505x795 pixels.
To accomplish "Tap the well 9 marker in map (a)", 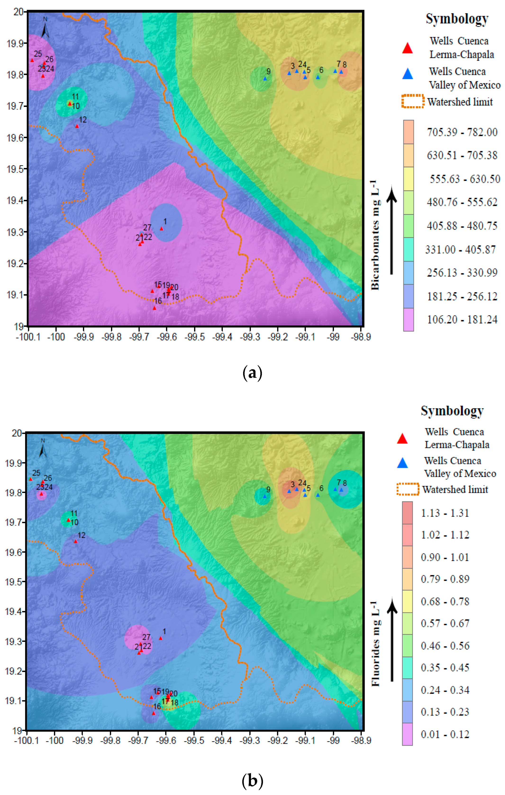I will pyautogui.click(x=265, y=79).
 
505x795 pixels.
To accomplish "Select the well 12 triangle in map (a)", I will pyautogui.click(x=77, y=126).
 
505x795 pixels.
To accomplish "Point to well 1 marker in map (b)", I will pyautogui.click(x=161, y=638).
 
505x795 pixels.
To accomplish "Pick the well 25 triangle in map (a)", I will pyautogui.click(x=32, y=60).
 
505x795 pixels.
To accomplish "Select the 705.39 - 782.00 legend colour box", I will pyautogui.click(x=408, y=132).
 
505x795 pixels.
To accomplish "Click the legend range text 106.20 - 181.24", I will pyautogui.click(x=462, y=320).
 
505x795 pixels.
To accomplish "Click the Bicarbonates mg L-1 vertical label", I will pyautogui.click(x=375, y=235).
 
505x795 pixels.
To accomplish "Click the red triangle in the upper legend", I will pyautogui.click(x=408, y=48).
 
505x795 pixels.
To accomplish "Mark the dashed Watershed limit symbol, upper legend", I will pyautogui.click(x=413, y=101).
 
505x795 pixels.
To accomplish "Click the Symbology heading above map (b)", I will pyautogui.click(x=452, y=411).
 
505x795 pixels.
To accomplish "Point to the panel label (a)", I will pyautogui.click(x=252, y=373).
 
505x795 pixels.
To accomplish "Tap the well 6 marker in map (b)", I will pyautogui.click(x=318, y=495).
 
